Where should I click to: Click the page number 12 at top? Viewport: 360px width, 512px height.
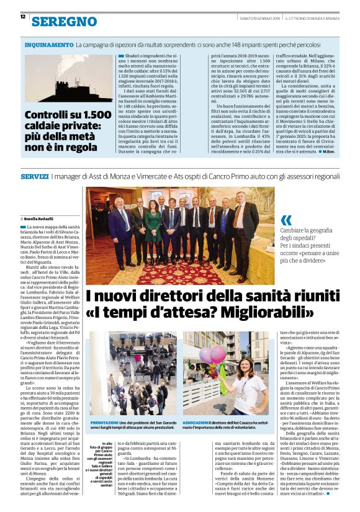[x=23, y=17]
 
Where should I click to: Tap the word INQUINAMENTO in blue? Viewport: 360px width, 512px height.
[x=49, y=45]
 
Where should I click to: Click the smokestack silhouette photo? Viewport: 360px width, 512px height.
[x=68, y=79]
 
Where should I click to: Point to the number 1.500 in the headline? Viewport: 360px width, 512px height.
[x=94, y=115]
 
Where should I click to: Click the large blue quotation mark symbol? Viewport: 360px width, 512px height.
[x=286, y=220]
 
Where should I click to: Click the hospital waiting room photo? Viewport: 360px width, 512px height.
[x=133, y=374]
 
